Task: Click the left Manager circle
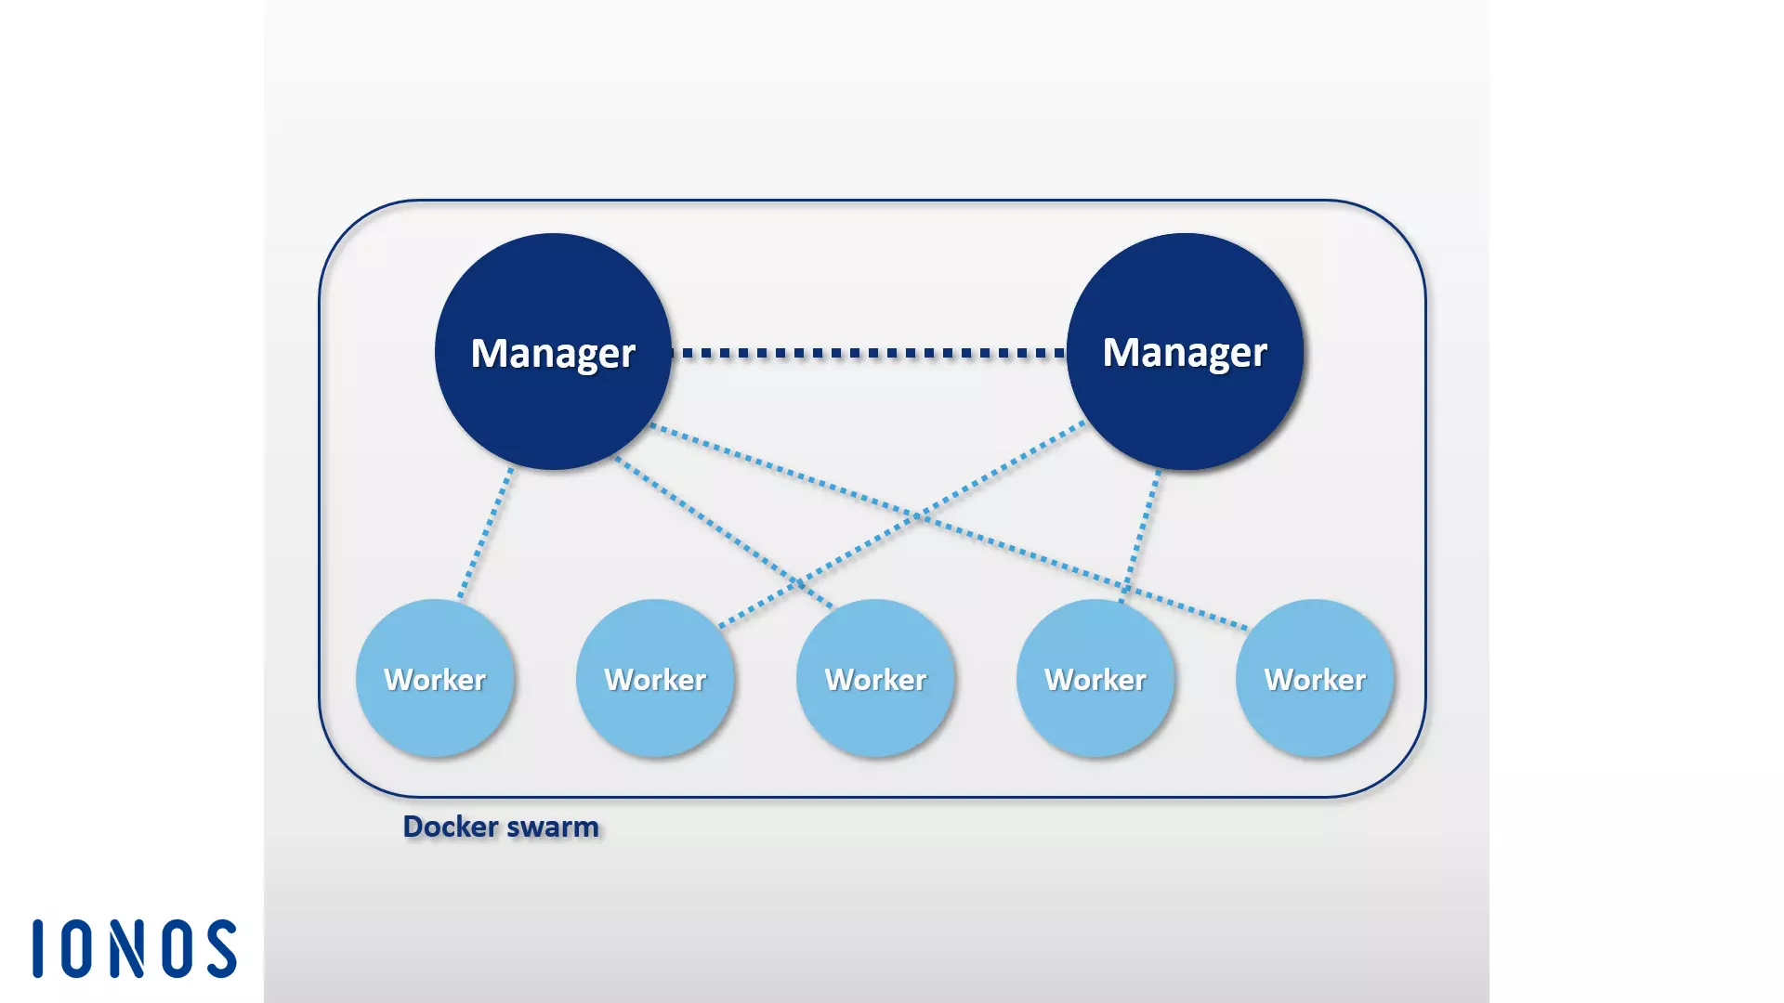pyautogui.click(x=553, y=353)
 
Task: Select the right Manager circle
pyautogui.click(x=1185, y=353)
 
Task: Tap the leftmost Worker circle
pyautogui.click(x=435, y=679)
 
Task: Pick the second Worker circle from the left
pyautogui.click(x=655, y=679)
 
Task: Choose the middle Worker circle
pyautogui.click(x=875, y=679)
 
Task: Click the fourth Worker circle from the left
pyautogui.click(x=1095, y=679)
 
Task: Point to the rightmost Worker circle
pyautogui.click(x=1315, y=679)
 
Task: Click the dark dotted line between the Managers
pyautogui.click(x=869, y=353)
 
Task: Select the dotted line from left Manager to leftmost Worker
pyautogui.click(x=486, y=533)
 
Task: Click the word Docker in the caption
pyautogui.click(x=451, y=827)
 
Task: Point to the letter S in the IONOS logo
pyautogui.click(x=222, y=949)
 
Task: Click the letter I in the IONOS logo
pyautogui.click(x=38, y=949)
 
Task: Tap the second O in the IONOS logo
pyautogui.click(x=178, y=949)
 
